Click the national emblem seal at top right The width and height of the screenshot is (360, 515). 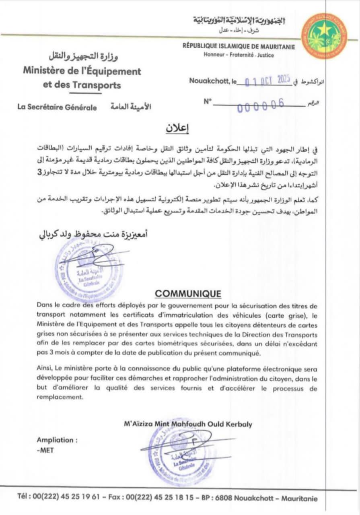coord(324,36)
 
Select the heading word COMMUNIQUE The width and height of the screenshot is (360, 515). coord(188,294)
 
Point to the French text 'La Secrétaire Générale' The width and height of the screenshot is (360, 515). coord(57,107)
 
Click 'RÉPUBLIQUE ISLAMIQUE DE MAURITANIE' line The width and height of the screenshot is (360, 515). coord(239,47)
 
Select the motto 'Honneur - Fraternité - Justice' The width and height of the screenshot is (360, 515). coord(239,55)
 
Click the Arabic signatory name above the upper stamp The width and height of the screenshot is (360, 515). coord(92,234)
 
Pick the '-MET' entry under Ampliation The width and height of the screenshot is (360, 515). coord(45,450)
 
